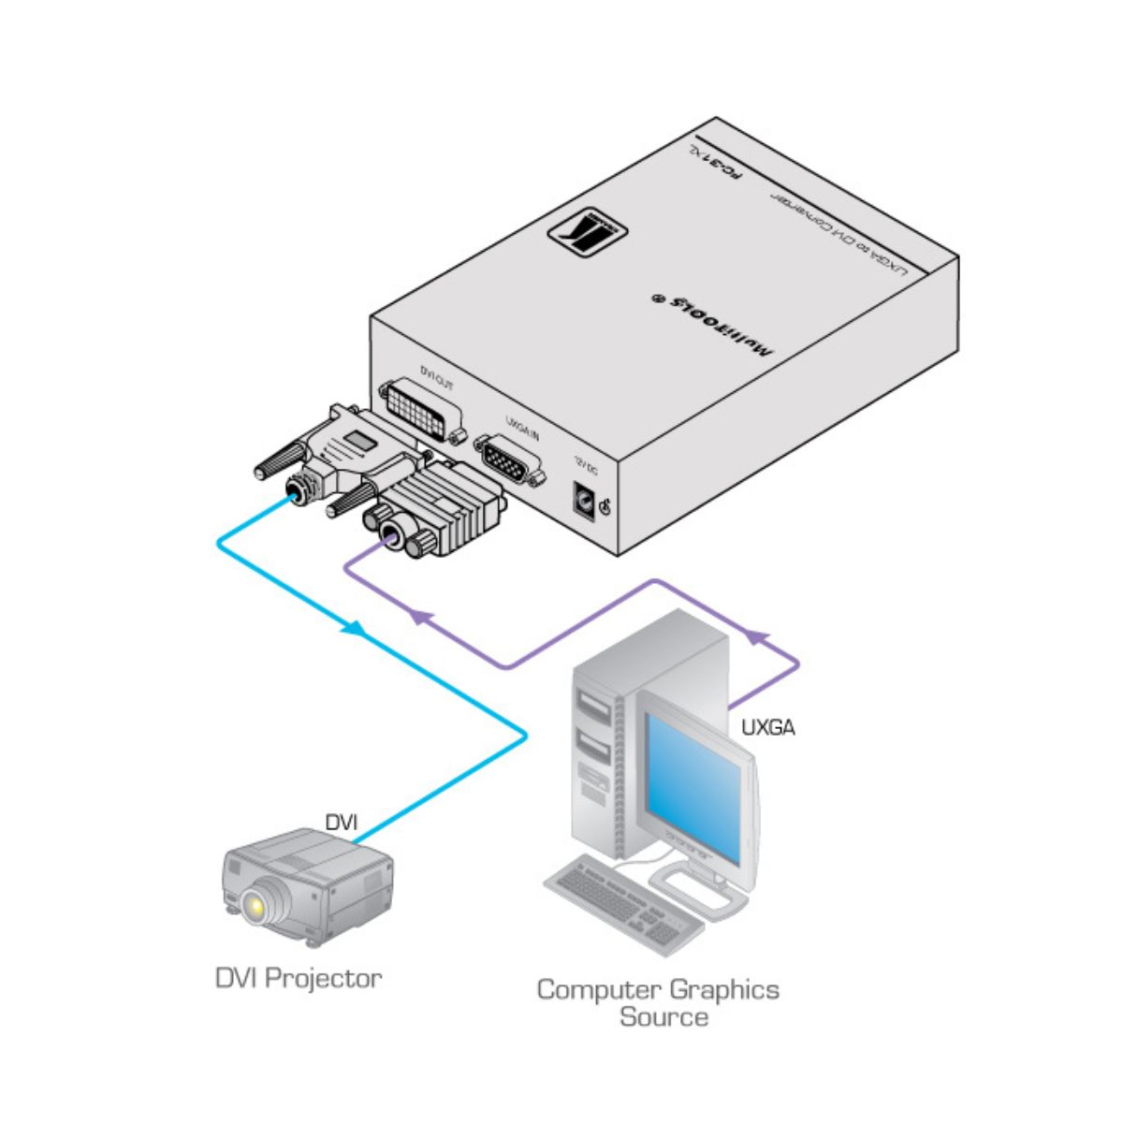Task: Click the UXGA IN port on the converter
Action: click(510, 459)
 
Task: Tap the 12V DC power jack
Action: click(584, 501)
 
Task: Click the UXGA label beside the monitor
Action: click(767, 726)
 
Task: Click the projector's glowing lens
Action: click(255, 904)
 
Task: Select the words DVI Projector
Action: click(299, 979)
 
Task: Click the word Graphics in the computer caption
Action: click(720, 989)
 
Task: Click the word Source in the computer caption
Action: click(664, 1016)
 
